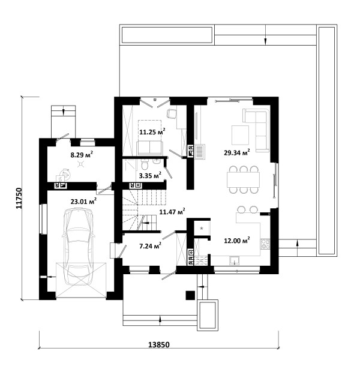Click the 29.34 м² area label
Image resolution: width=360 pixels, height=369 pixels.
point(237,152)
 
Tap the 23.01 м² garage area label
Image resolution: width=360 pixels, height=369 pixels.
point(83,201)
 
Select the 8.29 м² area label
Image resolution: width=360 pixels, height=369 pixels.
point(82,155)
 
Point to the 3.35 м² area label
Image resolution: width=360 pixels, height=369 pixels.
point(150,175)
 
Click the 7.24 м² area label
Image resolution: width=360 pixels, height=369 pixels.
point(150,246)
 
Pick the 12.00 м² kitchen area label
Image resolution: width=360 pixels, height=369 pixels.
point(237,241)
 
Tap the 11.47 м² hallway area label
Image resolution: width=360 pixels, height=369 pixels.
point(172,212)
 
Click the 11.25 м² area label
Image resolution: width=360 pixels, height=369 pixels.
point(152,132)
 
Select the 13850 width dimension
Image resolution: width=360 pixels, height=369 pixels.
point(159,345)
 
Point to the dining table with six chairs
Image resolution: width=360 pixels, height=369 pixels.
point(243,179)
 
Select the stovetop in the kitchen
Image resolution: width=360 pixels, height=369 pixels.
point(265,244)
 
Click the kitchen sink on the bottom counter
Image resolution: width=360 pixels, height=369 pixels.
point(235,260)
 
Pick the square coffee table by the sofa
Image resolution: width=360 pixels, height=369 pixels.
point(240,135)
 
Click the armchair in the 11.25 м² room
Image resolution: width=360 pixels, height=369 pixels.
point(172,113)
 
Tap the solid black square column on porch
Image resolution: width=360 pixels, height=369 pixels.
point(190,295)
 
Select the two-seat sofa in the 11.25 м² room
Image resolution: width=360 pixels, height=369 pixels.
point(150,148)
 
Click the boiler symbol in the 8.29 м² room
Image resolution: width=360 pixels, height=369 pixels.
point(65,174)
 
